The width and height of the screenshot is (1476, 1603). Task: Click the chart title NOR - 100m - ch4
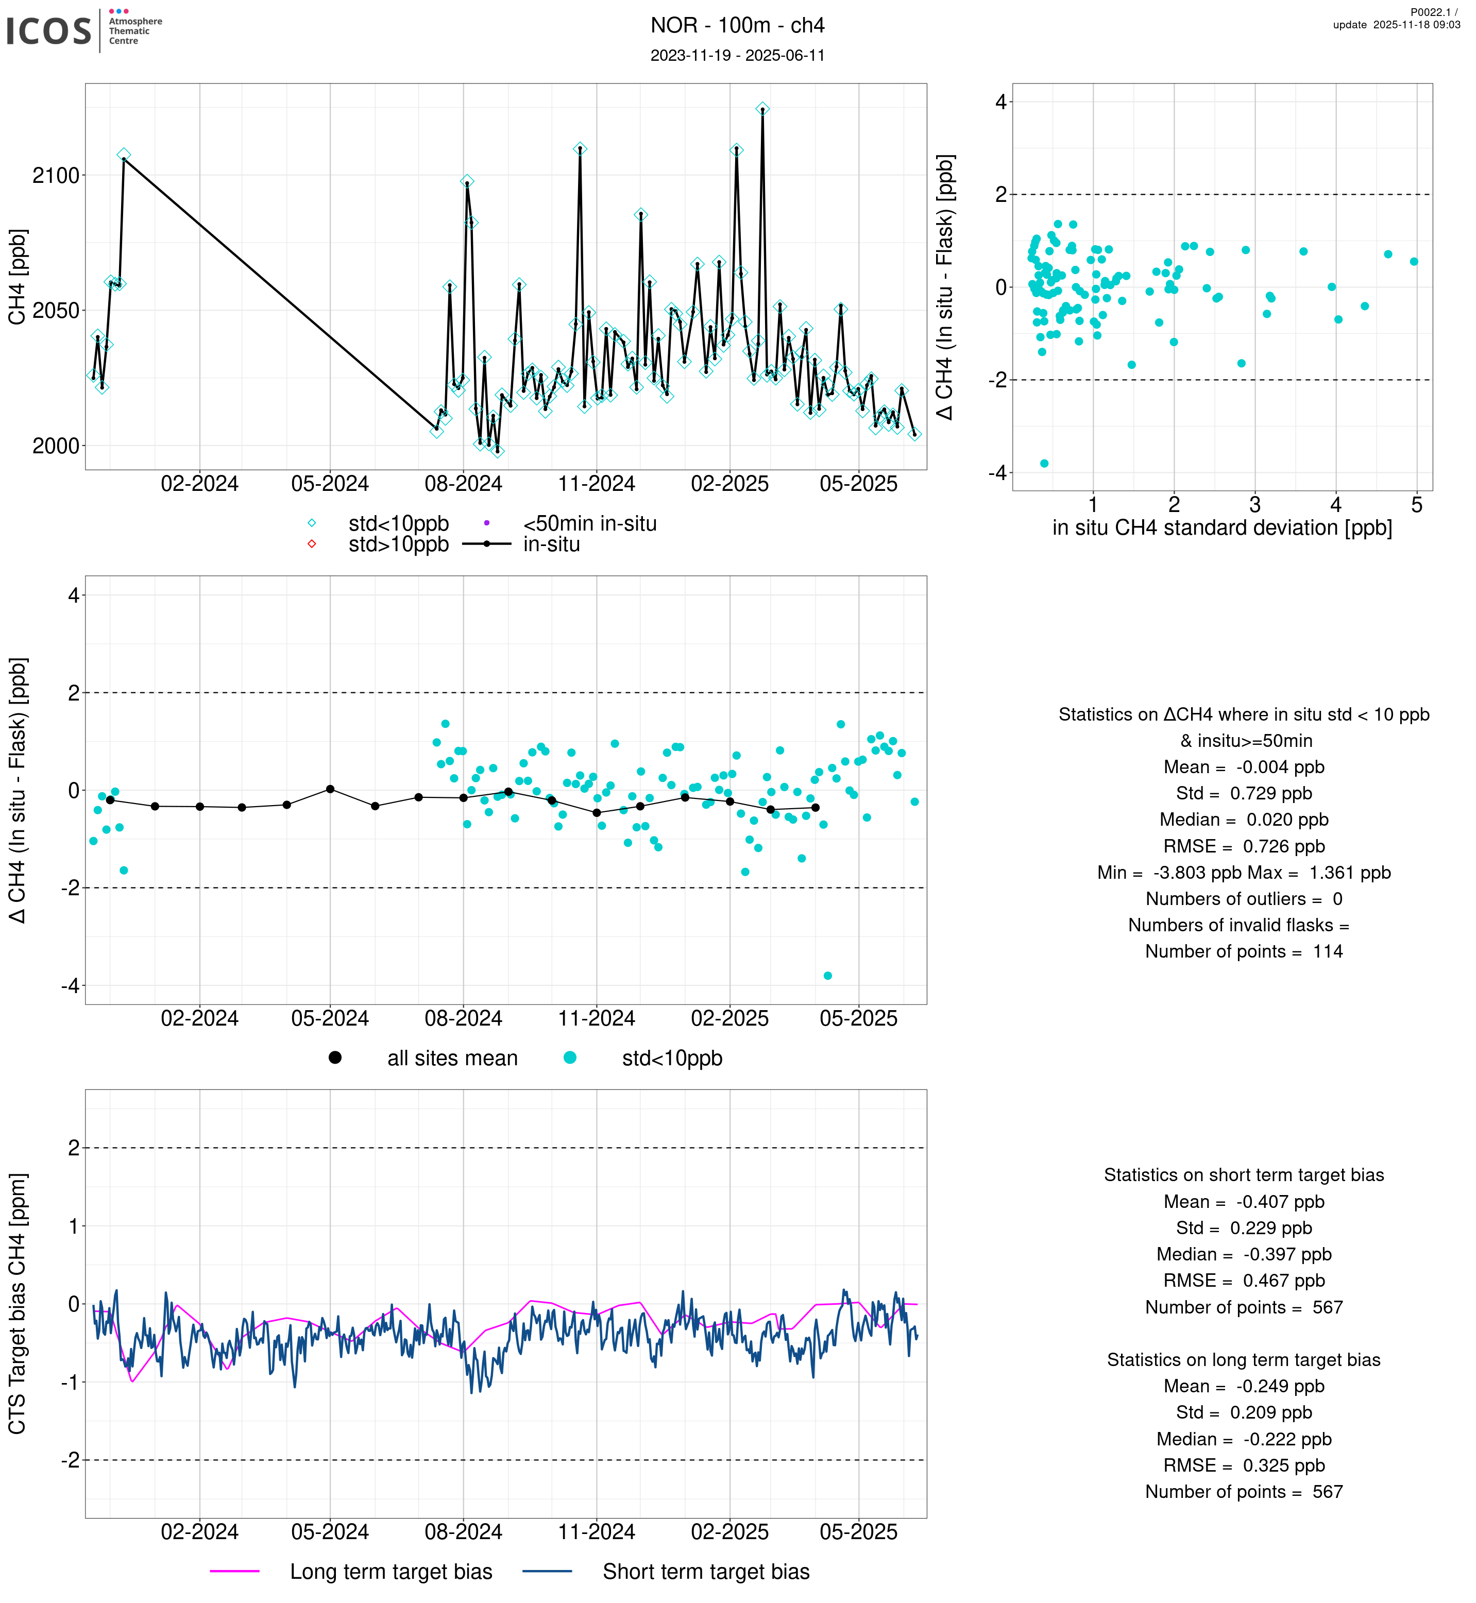737,26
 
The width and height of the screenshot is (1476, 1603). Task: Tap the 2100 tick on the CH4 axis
56,176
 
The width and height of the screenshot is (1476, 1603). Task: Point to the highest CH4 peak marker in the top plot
763,109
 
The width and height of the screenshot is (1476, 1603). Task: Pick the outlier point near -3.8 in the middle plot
827,975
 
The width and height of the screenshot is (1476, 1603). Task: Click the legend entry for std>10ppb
398,544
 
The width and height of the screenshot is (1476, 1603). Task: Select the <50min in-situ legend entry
589,524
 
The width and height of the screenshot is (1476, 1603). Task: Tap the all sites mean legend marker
335,1058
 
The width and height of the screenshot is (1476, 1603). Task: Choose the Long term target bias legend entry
391,1571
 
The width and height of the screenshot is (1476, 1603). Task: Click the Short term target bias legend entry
705,1571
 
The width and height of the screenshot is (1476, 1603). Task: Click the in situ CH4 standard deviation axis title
1222,528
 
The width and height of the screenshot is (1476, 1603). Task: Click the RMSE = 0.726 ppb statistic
1244,846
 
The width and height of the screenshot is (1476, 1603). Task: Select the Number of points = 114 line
1244,951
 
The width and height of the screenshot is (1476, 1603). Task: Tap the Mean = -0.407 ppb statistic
1244,1201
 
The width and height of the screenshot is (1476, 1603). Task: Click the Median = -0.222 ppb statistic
1244,1439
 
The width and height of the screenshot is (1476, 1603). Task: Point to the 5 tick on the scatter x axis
1417,505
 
